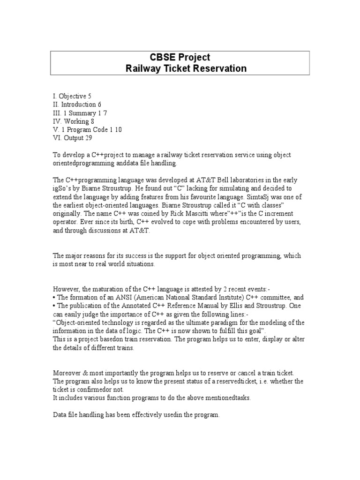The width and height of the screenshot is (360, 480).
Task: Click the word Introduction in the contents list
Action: [x=79, y=105]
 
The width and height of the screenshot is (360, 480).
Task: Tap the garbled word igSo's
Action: [x=61, y=188]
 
